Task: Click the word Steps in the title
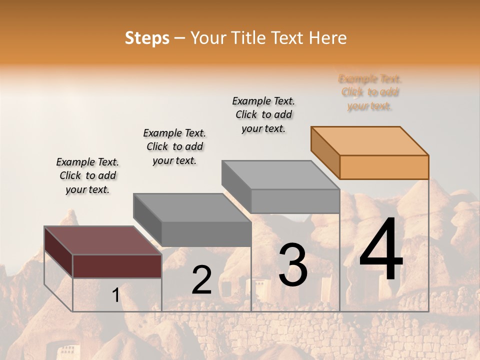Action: click(x=147, y=38)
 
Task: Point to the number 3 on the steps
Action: click(x=293, y=265)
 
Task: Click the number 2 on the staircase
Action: click(x=201, y=280)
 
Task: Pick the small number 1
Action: click(x=115, y=295)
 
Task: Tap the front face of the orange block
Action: click(x=384, y=167)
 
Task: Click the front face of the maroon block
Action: click(x=117, y=266)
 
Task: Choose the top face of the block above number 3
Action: click(x=280, y=175)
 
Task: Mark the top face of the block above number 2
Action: click(x=192, y=207)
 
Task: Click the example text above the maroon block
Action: click(x=87, y=175)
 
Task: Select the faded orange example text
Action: click(x=370, y=92)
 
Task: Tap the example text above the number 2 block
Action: click(x=174, y=146)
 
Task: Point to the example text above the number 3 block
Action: click(x=263, y=114)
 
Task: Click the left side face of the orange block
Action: click(x=325, y=152)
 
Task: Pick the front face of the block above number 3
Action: click(x=295, y=201)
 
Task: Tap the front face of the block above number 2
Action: click(x=206, y=234)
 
